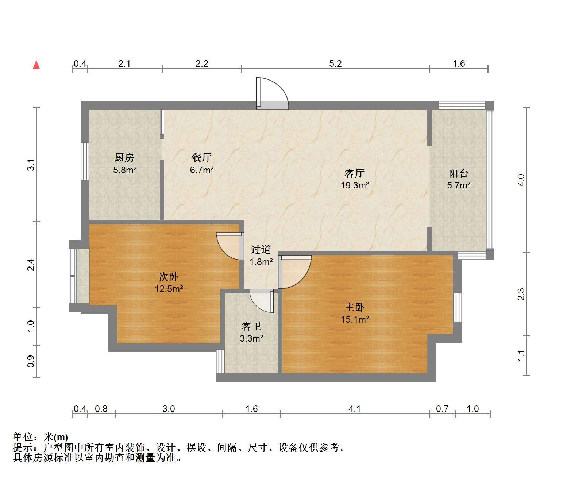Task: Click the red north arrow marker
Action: pos(36,65)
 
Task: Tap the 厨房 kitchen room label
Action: pos(124,157)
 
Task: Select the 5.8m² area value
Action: pos(125,170)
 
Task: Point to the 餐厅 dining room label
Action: pos(201,157)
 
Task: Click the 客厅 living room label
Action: pos(354,173)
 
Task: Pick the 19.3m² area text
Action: pos(355,185)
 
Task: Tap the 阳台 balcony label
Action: pos(458,173)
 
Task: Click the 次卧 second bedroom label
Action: pos(169,277)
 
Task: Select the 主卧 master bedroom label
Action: pos(355,307)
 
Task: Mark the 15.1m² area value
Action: pos(355,319)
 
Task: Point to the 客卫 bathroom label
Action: pos(251,326)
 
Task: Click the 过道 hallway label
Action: pos(261,249)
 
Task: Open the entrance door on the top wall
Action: pos(272,93)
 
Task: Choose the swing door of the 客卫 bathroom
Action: pos(262,301)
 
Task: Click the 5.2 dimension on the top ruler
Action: pos(335,64)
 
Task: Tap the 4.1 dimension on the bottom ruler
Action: pos(355,409)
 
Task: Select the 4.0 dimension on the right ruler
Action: pos(521,180)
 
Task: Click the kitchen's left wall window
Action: pos(85,161)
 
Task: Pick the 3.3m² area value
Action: pos(251,339)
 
